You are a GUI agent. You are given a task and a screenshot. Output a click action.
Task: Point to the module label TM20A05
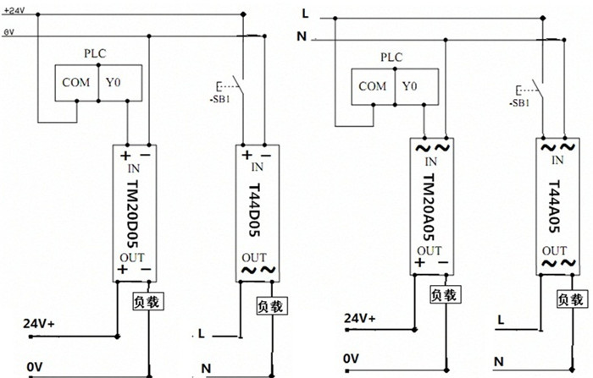(430, 208)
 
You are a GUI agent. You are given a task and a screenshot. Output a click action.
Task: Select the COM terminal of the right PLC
(372, 85)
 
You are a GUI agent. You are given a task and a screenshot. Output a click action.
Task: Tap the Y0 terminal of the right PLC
(410, 85)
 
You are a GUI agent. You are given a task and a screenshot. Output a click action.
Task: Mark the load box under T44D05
(271, 303)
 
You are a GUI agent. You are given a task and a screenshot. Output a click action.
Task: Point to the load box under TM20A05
(444, 295)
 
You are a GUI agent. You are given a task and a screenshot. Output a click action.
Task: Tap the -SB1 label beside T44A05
(520, 102)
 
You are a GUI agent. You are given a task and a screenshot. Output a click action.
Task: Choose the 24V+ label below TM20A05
(360, 319)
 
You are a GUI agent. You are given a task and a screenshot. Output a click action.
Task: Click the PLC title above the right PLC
(391, 58)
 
